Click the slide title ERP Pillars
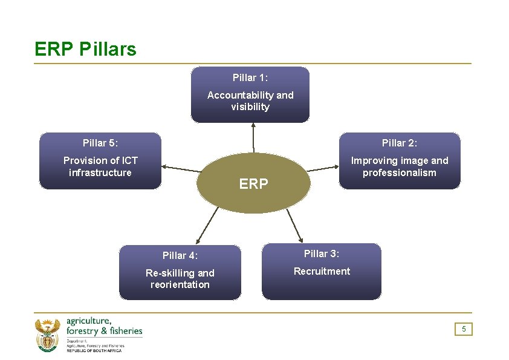pyautogui.click(x=85, y=49)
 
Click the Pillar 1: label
pyautogui.click(x=250, y=77)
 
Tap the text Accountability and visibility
pyautogui.click(x=250, y=101)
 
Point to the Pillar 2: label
pyautogui.click(x=400, y=143)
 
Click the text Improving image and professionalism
pyautogui.click(x=400, y=166)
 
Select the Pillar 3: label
pyautogui.click(x=322, y=254)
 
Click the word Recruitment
pyautogui.click(x=322, y=271)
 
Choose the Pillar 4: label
pyautogui.click(x=180, y=255)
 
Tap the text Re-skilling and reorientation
pyautogui.click(x=180, y=279)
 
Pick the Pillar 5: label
pyautogui.click(x=100, y=143)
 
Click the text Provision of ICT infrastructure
pyautogui.click(x=100, y=166)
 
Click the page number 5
pyautogui.click(x=464, y=329)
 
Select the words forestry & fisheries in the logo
pyautogui.click(x=104, y=331)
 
